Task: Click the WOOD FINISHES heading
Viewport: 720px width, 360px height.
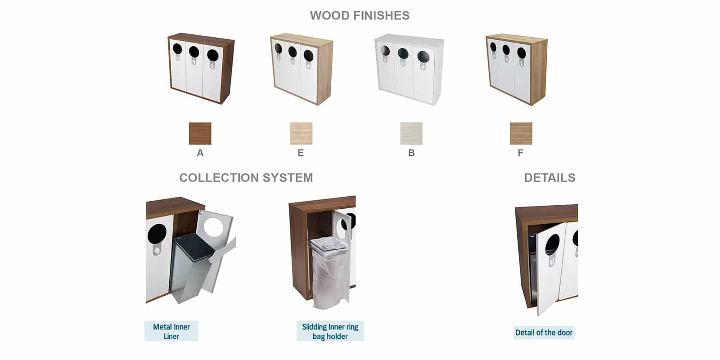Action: (x=360, y=15)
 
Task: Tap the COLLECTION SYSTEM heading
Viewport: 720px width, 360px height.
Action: (x=246, y=178)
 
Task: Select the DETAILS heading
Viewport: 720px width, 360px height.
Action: (x=549, y=178)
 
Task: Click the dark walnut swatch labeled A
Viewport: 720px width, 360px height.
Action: (x=200, y=133)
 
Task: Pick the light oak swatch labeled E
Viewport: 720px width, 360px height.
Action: (x=301, y=133)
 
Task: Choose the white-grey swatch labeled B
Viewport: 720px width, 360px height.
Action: (x=411, y=133)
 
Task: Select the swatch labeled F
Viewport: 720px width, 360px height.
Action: (x=521, y=133)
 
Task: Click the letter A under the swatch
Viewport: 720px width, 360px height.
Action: (x=200, y=153)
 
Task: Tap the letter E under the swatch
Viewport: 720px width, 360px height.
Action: (x=301, y=153)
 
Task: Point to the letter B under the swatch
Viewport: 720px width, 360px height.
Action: (x=411, y=153)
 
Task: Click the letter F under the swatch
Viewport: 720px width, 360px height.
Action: (x=520, y=153)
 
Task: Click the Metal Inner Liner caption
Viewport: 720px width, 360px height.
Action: (x=171, y=331)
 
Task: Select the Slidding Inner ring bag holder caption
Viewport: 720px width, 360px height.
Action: (x=330, y=331)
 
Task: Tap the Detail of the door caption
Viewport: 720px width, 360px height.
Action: (x=544, y=333)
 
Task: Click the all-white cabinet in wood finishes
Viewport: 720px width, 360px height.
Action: (x=409, y=69)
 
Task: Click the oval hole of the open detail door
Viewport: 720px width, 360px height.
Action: (x=553, y=245)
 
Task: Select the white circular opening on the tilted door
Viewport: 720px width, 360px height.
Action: (x=213, y=227)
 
